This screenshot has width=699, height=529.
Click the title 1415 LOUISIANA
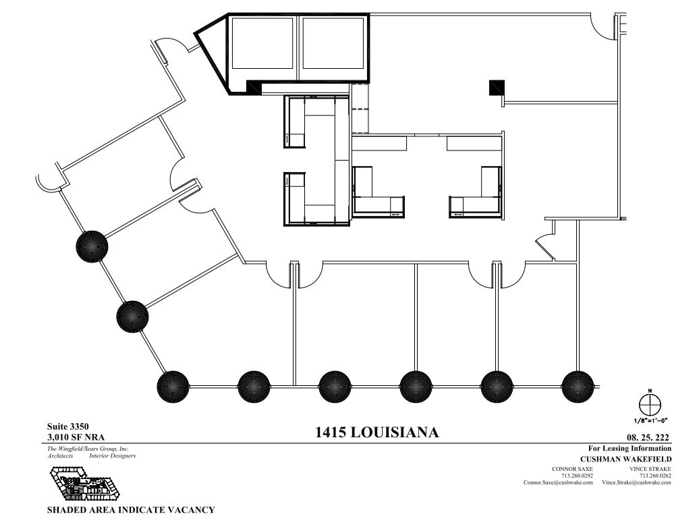tap(376, 433)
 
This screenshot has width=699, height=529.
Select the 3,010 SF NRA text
tap(76, 437)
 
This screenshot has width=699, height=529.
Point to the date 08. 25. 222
tap(648, 437)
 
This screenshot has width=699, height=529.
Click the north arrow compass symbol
tap(650, 406)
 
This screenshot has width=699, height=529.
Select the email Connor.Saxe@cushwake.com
tap(558, 482)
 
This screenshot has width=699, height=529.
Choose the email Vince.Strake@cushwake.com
tap(636, 482)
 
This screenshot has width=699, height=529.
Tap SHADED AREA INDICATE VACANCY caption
tap(130, 510)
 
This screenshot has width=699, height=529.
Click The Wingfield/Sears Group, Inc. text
tap(88, 449)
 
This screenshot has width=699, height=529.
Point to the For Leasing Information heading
tap(630, 448)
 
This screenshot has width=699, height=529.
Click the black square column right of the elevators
tap(497, 87)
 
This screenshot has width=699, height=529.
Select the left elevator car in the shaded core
tap(262, 43)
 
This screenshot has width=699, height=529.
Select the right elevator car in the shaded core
tap(333, 43)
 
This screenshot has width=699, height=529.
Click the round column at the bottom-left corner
tap(173, 387)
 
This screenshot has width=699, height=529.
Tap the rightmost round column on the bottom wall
tap(578, 387)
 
